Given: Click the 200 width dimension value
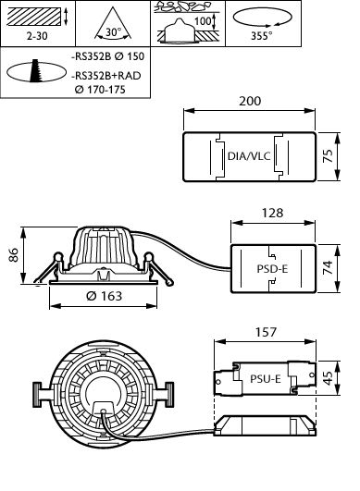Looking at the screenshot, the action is point(250,101).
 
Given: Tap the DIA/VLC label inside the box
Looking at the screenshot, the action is point(249,156).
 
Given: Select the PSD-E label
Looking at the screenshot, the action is point(272,269).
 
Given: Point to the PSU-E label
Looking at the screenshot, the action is point(265,379).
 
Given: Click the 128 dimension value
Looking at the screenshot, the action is point(273,213).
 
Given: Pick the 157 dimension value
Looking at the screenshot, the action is point(266,332).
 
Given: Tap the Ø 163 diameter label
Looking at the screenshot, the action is point(104,296).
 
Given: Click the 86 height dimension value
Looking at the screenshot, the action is point(14,255).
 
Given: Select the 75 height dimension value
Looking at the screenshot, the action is point(328,155).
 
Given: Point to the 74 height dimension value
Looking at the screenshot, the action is point(328,267).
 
